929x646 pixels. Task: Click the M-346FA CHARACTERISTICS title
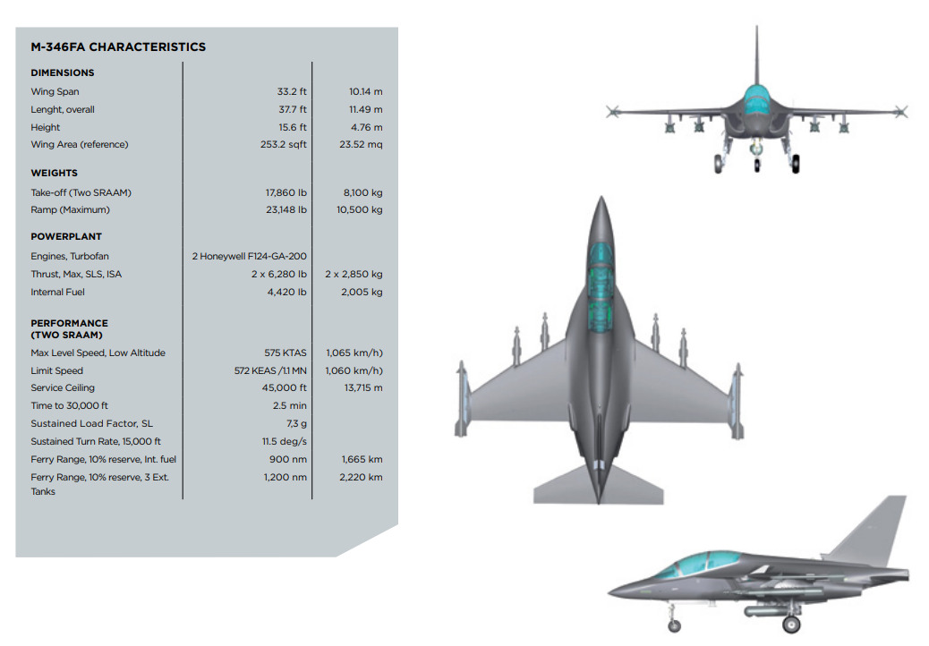(x=118, y=47)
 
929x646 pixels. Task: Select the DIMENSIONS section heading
(x=63, y=72)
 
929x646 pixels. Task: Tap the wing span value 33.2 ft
(x=292, y=91)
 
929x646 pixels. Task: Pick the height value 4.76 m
(x=366, y=127)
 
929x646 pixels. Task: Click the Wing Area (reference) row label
(x=80, y=144)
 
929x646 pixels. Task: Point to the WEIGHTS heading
(x=54, y=173)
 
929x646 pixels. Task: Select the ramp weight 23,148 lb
(x=286, y=209)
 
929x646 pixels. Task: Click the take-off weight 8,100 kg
(x=362, y=192)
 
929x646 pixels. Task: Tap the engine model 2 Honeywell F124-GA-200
(x=250, y=257)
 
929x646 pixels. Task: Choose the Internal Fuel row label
(x=57, y=292)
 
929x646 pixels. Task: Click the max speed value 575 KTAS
(x=286, y=353)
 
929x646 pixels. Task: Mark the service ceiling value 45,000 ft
(x=285, y=387)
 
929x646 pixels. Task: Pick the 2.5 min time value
(x=290, y=405)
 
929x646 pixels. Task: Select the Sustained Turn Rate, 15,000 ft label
(x=96, y=441)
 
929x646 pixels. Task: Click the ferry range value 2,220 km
(x=361, y=477)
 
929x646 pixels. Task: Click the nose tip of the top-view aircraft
(x=601, y=197)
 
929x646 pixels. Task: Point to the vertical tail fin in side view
(x=871, y=530)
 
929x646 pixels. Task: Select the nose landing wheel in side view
(x=674, y=625)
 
